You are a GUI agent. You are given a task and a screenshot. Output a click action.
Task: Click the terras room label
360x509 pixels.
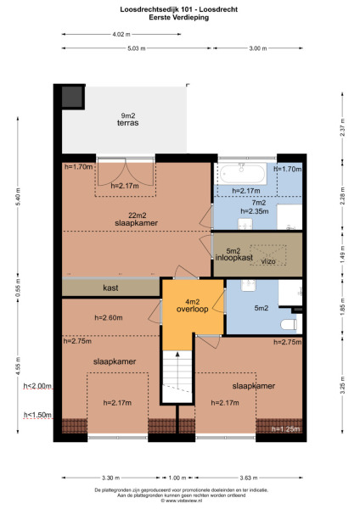(x=129, y=123)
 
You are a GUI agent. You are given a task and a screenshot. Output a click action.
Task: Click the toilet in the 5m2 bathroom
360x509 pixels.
(x=286, y=324)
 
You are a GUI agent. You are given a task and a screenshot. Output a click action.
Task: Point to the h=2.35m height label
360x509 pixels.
(x=253, y=211)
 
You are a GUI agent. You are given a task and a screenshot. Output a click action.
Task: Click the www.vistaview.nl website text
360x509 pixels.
(x=179, y=501)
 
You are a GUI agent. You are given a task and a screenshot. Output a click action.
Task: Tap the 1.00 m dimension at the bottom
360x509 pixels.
(x=177, y=478)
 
